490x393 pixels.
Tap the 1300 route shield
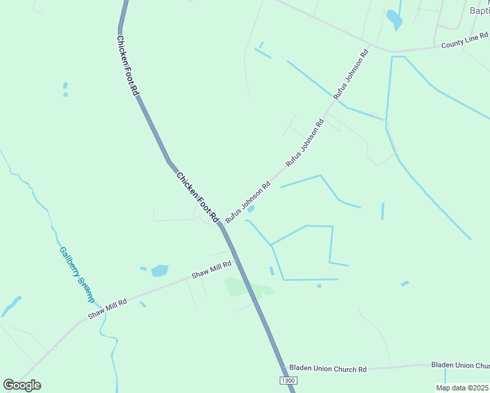click(286, 381)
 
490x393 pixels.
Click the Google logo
click(22, 385)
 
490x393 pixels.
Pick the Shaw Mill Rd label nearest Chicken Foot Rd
click(212, 269)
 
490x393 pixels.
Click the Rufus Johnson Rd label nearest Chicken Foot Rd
click(248, 202)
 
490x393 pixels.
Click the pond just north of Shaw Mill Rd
click(159, 271)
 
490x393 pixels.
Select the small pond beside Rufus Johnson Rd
click(251, 210)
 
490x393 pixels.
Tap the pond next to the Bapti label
click(394, 19)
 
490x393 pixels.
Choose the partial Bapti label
click(480, 10)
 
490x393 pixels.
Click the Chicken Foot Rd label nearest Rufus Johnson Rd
click(197, 195)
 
